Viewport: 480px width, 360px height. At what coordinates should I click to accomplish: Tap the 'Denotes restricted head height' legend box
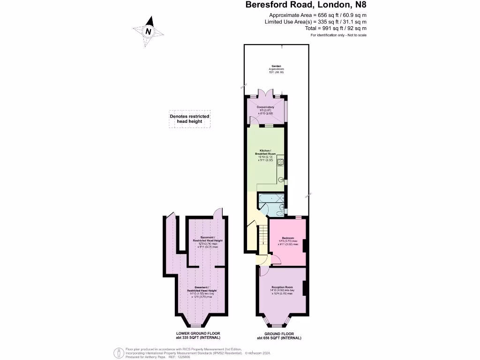(189, 119)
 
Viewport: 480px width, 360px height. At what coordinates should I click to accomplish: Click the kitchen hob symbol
(281, 162)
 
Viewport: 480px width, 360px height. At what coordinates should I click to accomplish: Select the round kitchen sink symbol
(282, 179)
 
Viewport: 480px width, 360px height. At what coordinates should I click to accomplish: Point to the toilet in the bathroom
(281, 210)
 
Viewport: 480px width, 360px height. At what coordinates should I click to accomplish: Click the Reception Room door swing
(262, 271)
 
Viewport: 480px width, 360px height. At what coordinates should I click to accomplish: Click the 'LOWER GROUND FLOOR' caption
(195, 333)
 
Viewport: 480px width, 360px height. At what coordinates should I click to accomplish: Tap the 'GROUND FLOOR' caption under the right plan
(279, 333)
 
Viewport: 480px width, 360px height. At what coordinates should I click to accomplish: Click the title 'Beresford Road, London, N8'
(306, 6)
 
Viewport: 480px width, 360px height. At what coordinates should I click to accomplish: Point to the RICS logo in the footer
(119, 352)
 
